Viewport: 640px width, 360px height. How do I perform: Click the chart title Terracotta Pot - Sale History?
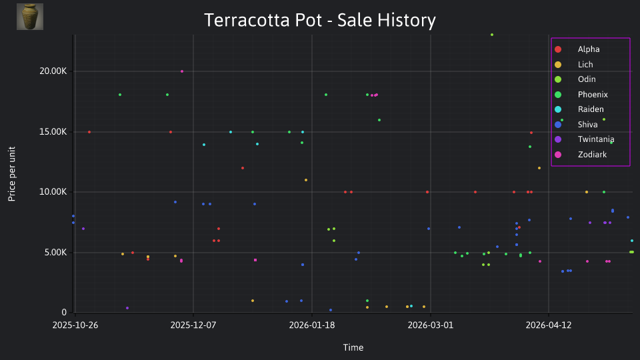pyautogui.click(x=319, y=20)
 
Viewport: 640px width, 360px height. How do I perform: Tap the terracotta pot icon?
pyautogui.click(x=30, y=17)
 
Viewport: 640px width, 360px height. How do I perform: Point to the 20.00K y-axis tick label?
pyautogui.click(x=53, y=71)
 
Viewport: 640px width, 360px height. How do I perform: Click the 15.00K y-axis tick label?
pyautogui.click(x=53, y=132)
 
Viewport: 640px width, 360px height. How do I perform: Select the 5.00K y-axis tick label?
pyautogui.click(x=55, y=253)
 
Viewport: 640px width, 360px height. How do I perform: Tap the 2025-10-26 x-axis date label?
pyautogui.click(x=75, y=325)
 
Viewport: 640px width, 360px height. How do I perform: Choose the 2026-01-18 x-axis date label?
pyautogui.click(x=312, y=325)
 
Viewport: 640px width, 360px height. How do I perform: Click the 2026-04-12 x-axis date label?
pyautogui.click(x=549, y=325)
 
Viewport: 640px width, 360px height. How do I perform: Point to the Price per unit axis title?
pyautogui.click(x=12, y=174)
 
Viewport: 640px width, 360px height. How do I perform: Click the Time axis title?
pyautogui.click(x=353, y=348)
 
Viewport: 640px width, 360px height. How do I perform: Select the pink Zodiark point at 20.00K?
pyautogui.click(x=182, y=71)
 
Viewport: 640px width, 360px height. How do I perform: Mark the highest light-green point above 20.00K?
pyautogui.click(x=492, y=35)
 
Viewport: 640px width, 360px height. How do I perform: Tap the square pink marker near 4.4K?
pyautogui.click(x=255, y=260)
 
